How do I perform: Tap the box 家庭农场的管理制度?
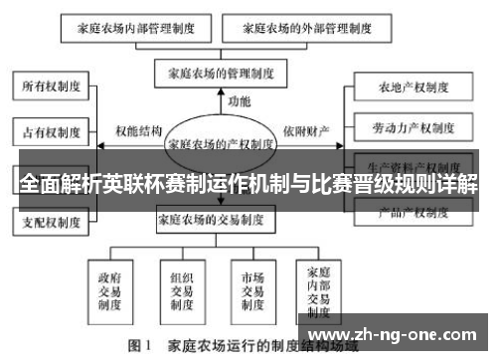point(220,73)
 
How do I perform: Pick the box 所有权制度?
point(52,88)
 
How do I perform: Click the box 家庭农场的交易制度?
point(222,219)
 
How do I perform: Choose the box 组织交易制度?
point(180,289)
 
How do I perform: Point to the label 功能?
point(239,102)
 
